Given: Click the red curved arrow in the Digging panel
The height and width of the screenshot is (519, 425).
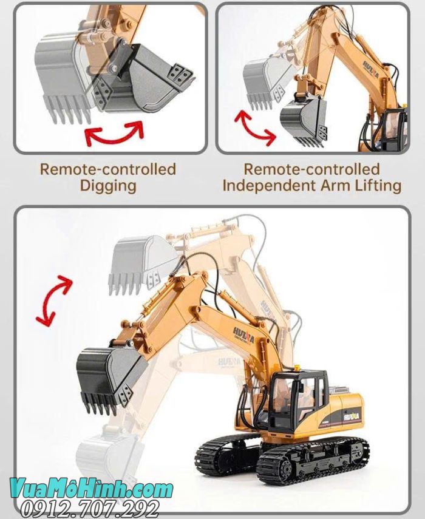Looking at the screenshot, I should coord(114,133).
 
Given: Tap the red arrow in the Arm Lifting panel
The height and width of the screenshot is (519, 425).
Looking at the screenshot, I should coord(254,127).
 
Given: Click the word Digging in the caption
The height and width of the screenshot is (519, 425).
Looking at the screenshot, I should coord(108,185).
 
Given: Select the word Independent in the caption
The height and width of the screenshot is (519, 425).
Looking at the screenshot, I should coord(267,185).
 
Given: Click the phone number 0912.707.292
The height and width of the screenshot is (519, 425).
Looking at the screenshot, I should coord(91,509).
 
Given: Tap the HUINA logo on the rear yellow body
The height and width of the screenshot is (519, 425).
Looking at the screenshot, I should coord(353,416).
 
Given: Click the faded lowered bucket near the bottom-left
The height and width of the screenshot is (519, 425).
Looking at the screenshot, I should coord(103,452).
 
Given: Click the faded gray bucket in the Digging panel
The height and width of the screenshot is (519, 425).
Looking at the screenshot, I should coord(61,73).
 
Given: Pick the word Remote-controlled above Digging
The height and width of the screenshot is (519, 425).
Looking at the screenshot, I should coord(108,169).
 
